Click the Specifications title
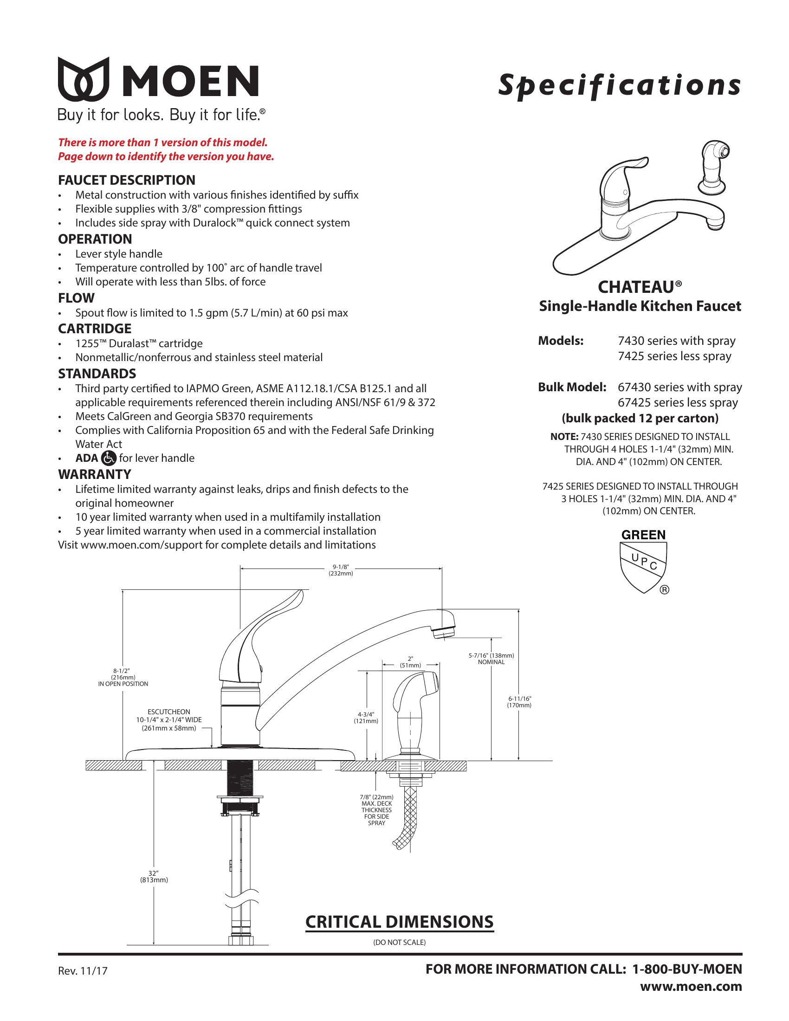coord(619,85)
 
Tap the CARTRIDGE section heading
coord(94,328)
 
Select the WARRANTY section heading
coord(94,474)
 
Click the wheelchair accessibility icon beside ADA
coord(109,458)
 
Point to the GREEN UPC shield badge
coord(643,561)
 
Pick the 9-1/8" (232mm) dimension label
coord(341,570)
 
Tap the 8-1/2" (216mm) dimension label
coord(123,677)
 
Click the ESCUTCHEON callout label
coord(169,720)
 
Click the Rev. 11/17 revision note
coord(82,971)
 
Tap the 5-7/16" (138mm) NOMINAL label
coord(491,659)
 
